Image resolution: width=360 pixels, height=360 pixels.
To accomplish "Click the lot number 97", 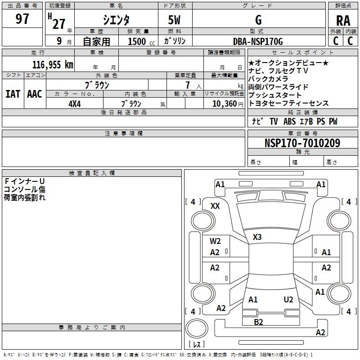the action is (22, 18).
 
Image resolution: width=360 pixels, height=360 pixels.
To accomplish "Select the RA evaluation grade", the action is (343, 21).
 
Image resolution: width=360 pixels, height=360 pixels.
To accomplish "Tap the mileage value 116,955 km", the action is (53, 65).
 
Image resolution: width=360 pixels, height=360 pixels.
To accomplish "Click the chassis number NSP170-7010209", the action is (302, 143).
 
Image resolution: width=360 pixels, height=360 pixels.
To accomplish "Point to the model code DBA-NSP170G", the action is (258, 41).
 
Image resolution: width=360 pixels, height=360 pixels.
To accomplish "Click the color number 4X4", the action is (75, 104).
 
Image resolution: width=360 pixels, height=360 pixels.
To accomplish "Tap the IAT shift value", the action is (13, 94).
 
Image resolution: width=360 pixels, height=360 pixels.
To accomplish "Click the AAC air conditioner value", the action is (35, 94).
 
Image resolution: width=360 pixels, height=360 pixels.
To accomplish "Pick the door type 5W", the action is (174, 20).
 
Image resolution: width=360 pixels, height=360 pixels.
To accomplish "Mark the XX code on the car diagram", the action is (215, 206).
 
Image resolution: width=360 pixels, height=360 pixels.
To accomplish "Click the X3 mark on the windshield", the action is (257, 237).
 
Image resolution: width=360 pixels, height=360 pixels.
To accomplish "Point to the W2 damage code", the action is (215, 241).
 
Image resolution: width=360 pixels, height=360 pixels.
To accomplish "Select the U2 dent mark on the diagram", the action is (288, 300).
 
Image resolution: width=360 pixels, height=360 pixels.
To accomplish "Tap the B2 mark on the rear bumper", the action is (258, 322).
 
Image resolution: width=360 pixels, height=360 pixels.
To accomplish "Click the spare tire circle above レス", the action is (197, 328).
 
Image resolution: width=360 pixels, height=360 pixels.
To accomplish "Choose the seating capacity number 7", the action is (188, 85).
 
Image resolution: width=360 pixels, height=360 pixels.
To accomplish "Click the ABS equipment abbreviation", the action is (289, 121).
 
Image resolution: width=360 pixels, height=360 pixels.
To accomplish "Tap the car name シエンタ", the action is (116, 20).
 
